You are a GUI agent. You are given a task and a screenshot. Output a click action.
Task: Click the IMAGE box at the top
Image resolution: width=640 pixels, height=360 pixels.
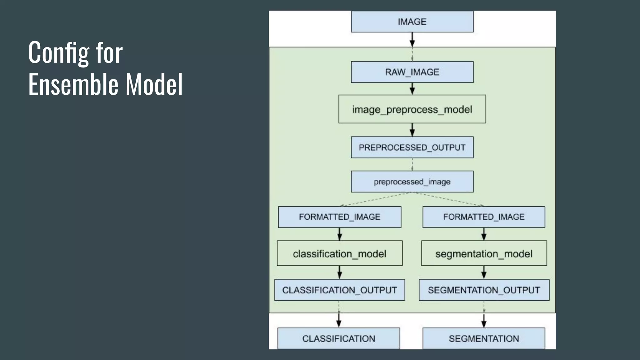[412, 22]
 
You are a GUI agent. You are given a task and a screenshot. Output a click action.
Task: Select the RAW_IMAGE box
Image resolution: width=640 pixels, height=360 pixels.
[412, 72]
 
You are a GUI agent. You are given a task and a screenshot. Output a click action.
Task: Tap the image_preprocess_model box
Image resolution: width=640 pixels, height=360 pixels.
[412, 109]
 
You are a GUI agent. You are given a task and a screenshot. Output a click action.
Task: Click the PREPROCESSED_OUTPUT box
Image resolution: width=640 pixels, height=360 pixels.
[412, 147]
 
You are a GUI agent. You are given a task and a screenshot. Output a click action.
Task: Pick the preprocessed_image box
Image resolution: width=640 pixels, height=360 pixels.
[412, 182]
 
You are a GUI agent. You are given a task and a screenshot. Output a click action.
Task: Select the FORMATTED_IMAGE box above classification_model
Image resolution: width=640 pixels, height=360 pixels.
[339, 217]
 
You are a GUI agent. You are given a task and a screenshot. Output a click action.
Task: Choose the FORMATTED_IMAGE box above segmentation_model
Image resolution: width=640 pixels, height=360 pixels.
[484, 217]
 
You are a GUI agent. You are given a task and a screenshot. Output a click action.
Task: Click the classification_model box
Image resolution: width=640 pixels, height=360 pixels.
[339, 253]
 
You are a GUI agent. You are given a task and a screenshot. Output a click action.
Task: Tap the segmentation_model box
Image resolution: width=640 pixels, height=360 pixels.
[484, 253]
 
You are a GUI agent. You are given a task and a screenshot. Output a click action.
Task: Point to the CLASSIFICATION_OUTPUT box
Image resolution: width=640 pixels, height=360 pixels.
[339, 290]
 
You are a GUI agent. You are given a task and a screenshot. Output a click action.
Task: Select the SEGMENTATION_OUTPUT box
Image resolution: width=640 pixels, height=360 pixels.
[484, 290]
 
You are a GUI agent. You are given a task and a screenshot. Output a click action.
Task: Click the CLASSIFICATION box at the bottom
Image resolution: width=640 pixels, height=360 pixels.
[338, 338]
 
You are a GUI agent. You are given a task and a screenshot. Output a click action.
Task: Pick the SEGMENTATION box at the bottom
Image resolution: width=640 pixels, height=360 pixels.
[484, 338]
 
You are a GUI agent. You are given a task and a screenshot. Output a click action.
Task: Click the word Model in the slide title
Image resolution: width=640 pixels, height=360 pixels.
[154, 84]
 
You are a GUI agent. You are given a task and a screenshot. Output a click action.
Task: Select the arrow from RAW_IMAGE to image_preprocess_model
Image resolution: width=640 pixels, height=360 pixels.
[412, 89]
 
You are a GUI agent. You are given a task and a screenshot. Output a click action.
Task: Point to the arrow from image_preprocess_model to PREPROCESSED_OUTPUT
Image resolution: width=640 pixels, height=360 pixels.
[412, 130]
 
